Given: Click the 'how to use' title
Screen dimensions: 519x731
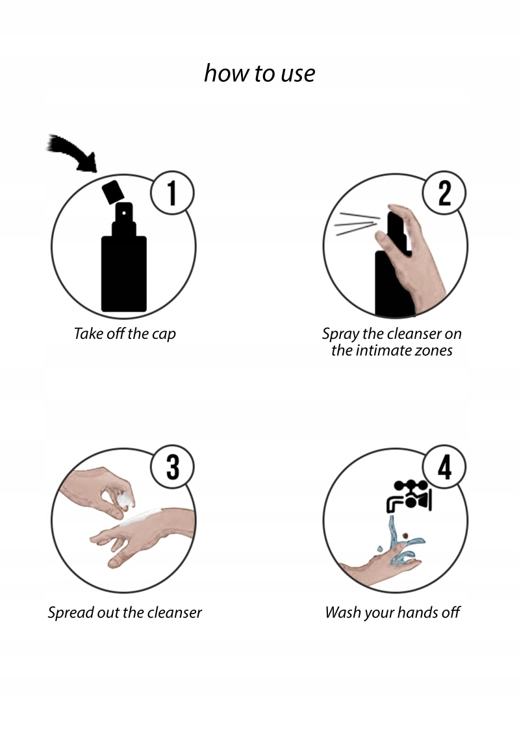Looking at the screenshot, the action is (259, 73).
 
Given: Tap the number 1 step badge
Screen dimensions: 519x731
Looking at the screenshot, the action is (172, 193).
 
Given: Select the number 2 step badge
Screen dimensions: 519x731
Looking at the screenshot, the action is (444, 193).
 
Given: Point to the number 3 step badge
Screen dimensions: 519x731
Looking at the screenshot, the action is (172, 467).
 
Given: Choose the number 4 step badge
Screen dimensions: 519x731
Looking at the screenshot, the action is (444, 467).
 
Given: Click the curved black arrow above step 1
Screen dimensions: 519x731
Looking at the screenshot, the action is (75, 151).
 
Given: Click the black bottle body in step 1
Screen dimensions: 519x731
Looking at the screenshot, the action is (124, 274).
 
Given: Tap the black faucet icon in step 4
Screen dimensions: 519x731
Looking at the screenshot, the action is (409, 495).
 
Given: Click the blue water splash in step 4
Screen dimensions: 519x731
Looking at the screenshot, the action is (401, 542).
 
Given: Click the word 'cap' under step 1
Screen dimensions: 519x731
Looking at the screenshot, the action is (164, 334).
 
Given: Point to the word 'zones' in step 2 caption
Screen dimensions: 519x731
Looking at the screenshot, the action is (434, 351).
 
